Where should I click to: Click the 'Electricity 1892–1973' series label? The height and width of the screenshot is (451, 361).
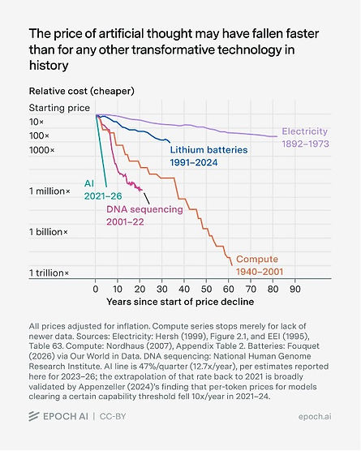pos(305,137)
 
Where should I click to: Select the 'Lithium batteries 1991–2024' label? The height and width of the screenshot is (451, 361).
pos(208,157)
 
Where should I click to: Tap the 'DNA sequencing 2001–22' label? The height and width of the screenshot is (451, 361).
pos(144,216)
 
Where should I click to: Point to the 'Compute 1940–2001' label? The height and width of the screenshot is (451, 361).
pos(260,265)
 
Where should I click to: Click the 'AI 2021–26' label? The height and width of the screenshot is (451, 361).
pos(103,190)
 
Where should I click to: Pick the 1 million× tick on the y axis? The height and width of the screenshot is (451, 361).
pos(49,191)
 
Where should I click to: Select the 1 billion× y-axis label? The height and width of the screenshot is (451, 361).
pos(49,232)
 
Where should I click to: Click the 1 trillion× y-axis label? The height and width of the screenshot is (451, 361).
pos(49,273)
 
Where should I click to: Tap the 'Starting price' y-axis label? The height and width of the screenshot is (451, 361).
pos(59,108)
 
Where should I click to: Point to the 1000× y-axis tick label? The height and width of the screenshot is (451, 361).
pos(41,150)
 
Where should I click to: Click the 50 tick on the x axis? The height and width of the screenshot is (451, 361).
pos(206,289)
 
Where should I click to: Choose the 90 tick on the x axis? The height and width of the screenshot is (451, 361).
pos(295,289)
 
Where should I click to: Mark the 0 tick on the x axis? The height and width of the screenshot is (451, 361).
pos(96,289)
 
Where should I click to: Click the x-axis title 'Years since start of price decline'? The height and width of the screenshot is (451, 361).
pos(180,302)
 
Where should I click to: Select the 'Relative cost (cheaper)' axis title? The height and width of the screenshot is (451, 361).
pos(82,91)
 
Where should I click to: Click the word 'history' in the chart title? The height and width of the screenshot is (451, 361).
pos(49,65)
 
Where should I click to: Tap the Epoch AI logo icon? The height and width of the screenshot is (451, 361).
pos(34,416)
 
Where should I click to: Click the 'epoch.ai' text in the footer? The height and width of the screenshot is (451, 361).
pos(315,416)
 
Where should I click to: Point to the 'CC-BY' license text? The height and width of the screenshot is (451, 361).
pos(113,416)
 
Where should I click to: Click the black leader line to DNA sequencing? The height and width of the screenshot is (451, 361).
pos(146,198)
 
